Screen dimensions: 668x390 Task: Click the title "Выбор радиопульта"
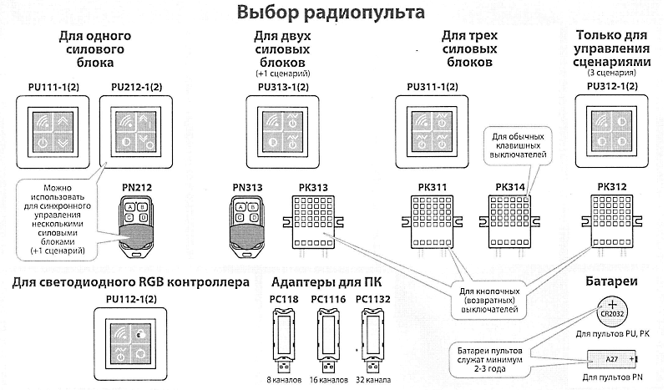coord(331,12)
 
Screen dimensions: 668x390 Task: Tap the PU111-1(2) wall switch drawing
coord(53,132)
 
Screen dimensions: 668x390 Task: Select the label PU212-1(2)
coord(137,87)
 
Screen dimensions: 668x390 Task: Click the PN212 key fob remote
coord(136,227)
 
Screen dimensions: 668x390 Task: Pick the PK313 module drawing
coord(314,222)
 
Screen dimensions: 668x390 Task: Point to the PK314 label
coord(510,187)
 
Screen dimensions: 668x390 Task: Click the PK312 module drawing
coord(612,221)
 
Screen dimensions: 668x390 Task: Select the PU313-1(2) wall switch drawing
coord(282,132)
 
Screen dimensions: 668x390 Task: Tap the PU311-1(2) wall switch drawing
coord(432,131)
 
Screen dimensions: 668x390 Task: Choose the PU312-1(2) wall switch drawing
coord(612,131)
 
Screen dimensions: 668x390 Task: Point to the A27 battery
coord(612,359)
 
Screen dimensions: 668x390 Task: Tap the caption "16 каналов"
coord(328,380)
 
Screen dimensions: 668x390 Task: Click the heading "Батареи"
coord(611,281)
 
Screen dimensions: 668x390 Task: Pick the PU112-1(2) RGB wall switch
coord(130,344)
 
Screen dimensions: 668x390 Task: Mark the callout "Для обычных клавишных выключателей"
coord(518,146)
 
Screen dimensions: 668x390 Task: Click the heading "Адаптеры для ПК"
coord(326,282)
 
